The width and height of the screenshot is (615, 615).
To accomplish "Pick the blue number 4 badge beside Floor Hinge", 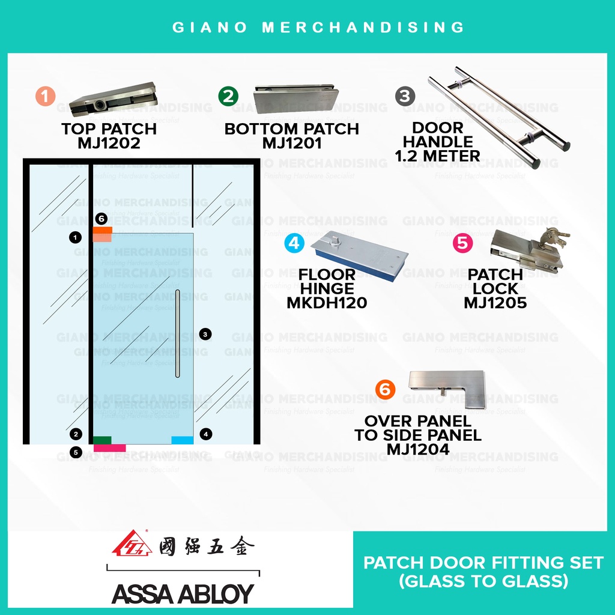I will click(x=294, y=243).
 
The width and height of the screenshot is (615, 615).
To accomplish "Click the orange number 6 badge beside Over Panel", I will click(x=385, y=390).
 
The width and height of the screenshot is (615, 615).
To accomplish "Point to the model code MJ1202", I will click(x=109, y=144).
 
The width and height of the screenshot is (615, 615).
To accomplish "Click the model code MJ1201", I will click(x=292, y=144).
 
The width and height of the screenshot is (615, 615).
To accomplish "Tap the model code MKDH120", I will click(x=327, y=303).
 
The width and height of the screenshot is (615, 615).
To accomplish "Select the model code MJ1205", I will click(x=495, y=303).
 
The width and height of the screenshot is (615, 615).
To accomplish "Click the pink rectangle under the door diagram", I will click(x=109, y=448).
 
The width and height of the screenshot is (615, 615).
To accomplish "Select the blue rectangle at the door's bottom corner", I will click(x=182, y=440).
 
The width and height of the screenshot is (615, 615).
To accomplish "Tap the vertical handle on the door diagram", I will click(x=178, y=333).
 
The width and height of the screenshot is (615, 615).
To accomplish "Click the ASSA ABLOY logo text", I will click(x=183, y=593).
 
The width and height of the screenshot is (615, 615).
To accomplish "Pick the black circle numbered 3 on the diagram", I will click(x=205, y=334).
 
